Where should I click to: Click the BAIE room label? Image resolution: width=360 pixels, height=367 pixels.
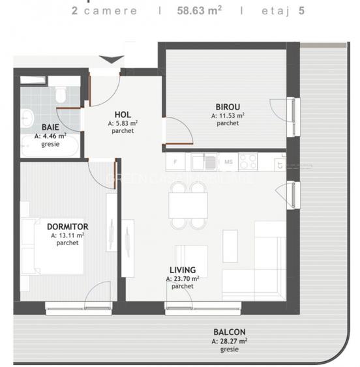(49, 126)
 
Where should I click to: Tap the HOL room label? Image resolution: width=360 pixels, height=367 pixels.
(123, 113)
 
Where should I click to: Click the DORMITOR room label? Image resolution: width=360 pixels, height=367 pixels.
(67, 227)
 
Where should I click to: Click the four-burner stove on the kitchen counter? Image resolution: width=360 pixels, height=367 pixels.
(248, 160)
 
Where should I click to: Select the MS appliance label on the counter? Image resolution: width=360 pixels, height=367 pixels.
(229, 161)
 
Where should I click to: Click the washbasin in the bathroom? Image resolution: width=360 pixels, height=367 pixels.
(27, 118)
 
